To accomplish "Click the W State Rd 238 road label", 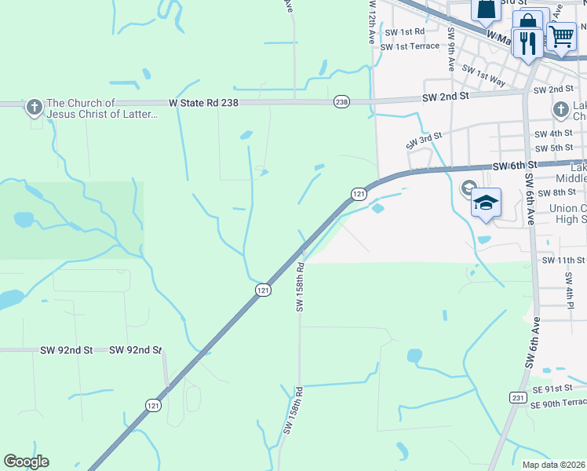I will click(203, 102).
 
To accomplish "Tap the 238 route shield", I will click(341, 102).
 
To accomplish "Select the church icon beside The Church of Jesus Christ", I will click(34, 106).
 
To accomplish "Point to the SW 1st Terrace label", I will click(410, 47).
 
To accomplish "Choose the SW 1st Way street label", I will click(483, 75).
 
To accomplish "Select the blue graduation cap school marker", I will click(486, 203).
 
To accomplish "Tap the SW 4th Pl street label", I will click(571, 298).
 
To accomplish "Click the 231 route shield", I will click(518, 398).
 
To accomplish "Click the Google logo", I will click(26, 461).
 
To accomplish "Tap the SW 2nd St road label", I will click(445, 96).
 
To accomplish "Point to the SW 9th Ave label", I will click(451, 49).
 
